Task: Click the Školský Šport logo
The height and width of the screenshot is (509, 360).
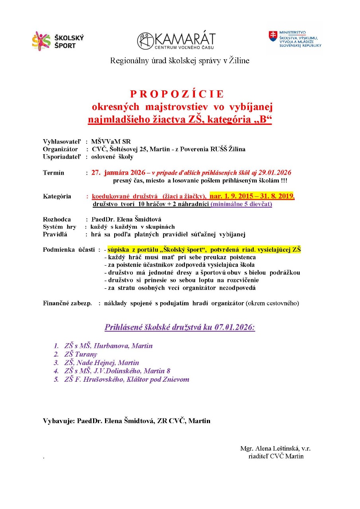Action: point(58,41)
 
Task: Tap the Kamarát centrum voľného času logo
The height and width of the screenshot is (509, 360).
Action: point(176,41)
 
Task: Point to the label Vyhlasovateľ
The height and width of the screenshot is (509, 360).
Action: point(62,142)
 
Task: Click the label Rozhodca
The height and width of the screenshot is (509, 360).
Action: point(57,220)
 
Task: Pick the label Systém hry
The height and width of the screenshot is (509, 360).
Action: point(59,227)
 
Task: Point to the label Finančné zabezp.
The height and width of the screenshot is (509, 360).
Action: point(67,303)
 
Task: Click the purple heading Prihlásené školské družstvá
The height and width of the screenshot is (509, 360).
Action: point(179,328)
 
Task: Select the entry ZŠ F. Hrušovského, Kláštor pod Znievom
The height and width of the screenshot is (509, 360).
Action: point(126,379)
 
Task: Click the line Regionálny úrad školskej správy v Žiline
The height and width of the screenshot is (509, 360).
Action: point(180,61)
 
